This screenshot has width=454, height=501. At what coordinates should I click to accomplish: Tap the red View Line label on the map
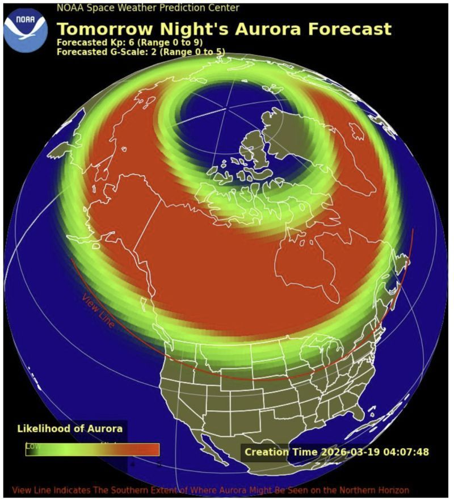[98, 311]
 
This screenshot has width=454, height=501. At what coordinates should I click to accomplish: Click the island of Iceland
[355, 132]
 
